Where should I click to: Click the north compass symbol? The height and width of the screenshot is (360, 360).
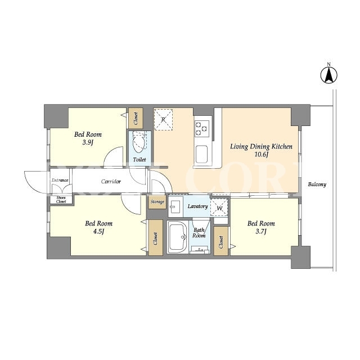tap(328, 74)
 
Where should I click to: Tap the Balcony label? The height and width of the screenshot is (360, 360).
tap(317, 184)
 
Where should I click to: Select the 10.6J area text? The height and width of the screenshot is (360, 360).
tap(261, 154)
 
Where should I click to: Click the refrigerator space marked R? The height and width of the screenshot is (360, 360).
tap(163, 120)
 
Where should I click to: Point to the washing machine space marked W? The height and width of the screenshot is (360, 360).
tap(219, 208)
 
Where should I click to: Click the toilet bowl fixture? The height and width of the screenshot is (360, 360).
tap(138, 142)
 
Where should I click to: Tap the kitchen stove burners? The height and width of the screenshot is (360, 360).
tap(201, 128)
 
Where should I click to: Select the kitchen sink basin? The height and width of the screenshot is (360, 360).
tap(201, 154)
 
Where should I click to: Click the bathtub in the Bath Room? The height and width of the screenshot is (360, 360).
tap(177, 237)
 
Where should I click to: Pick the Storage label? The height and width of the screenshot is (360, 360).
tap(157, 202)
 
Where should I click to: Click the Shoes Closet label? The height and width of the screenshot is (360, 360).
tap(61, 200)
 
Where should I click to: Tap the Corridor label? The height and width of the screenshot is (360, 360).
tap(111, 182)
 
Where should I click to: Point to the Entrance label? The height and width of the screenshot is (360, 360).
tap(60, 180)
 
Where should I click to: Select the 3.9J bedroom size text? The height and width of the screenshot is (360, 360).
tap(88, 143)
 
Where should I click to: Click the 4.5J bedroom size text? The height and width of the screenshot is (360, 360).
tap(99, 231)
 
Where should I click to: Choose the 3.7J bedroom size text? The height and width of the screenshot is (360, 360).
tap(261, 231)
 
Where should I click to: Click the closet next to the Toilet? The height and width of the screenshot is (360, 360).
tap(136, 118)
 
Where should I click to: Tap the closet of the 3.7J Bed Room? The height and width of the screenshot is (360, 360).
tap(221, 241)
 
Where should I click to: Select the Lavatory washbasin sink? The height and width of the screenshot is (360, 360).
tap(175, 206)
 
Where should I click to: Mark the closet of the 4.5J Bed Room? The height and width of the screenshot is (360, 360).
tap(156, 237)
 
